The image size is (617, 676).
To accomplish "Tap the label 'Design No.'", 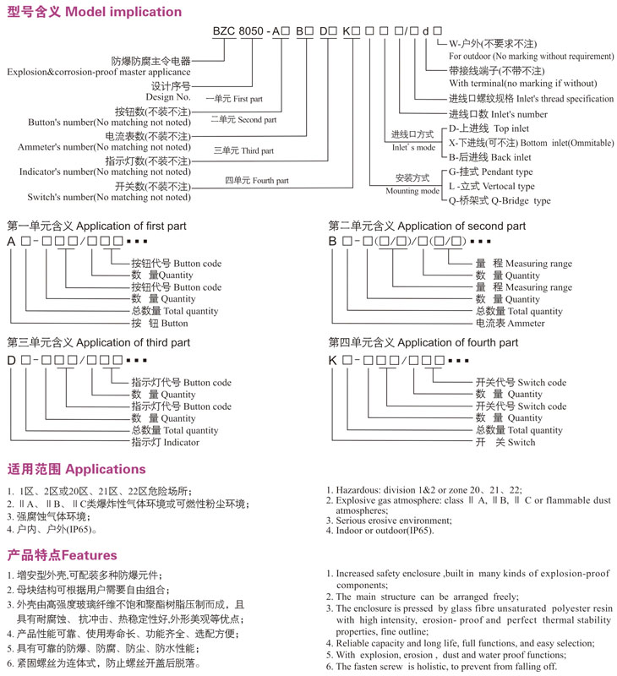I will click(x=169, y=97).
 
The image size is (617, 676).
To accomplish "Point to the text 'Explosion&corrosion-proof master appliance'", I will click(x=97, y=73).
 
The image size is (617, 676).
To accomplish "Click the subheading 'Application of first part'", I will click(x=132, y=226).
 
